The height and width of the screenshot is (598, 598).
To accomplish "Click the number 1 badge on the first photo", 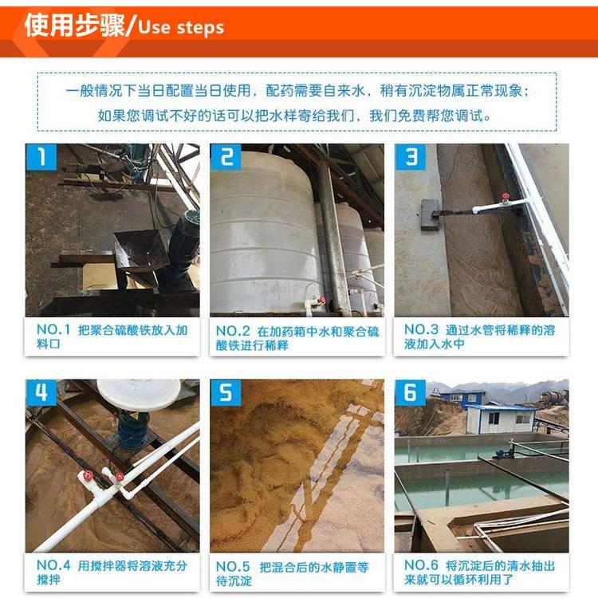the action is pos(41,157).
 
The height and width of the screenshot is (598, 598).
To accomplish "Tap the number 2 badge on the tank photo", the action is pos(226,157).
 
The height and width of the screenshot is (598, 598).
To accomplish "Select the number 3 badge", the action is pos(411,157).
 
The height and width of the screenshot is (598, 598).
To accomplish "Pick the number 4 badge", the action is pos(41,392).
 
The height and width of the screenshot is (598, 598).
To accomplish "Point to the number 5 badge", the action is pos(226,392).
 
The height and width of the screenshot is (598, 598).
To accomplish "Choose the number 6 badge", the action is pos(411,392).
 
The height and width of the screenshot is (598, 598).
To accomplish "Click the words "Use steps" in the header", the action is pos(181,28).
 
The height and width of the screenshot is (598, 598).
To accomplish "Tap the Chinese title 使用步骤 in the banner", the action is pos(75,26).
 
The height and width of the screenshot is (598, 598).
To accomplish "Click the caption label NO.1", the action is pos(53,329).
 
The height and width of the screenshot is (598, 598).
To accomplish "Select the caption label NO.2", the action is pos(233,331).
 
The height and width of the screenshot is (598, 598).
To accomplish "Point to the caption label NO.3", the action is pos(421,329).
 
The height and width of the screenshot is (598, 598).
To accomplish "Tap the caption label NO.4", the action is pos(53,565).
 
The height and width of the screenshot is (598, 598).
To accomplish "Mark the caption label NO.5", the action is pos(233,567).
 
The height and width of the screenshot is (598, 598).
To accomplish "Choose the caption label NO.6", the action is pos(421,565).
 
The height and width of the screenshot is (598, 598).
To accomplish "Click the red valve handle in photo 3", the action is pos(506,197).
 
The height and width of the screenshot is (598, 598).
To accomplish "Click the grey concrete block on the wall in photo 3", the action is pos(431,214).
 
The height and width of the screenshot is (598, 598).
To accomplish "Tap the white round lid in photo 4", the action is pos(139,395).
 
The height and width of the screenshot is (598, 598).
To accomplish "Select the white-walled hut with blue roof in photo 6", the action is pos(501,419).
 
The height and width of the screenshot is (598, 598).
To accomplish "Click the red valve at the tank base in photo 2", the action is pos(322,301).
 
